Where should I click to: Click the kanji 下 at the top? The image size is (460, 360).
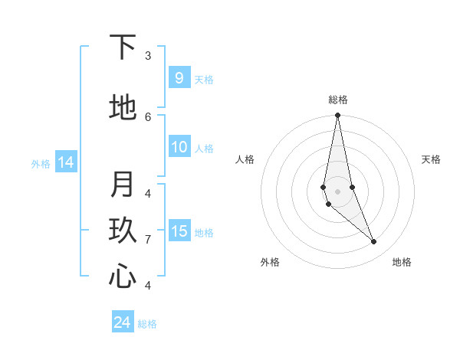pyautogui.click(x=123, y=48)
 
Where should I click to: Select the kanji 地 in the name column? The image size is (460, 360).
pyautogui.click(x=123, y=107)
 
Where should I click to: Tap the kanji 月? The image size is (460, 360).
pyautogui.click(x=123, y=185)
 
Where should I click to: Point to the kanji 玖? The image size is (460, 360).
pyautogui.click(x=123, y=231)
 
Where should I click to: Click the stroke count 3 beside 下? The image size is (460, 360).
pyautogui.click(x=148, y=56)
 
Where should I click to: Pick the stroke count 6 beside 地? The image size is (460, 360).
pyautogui.click(x=148, y=116)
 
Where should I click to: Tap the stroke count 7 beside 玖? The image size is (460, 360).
pyautogui.click(x=148, y=240)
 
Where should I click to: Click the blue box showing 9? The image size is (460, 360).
pyautogui.click(x=179, y=78)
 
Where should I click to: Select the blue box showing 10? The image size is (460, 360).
pyautogui.click(x=179, y=147)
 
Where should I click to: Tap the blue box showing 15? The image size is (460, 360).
pyautogui.click(x=179, y=231)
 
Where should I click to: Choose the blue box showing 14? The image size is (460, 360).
pyautogui.click(x=66, y=162)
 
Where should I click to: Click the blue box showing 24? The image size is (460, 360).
pyautogui.click(x=122, y=322)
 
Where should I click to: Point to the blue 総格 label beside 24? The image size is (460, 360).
pyautogui.click(x=147, y=324)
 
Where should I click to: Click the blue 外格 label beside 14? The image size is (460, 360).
pyautogui.click(x=41, y=163)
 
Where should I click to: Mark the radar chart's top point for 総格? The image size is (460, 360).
pyautogui.click(x=337, y=116)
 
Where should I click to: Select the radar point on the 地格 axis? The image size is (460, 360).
pyautogui.click(x=374, y=242)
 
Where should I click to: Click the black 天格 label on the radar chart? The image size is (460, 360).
pyautogui.click(x=431, y=159)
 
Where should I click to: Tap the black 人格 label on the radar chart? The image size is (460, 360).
pyautogui.click(x=245, y=159)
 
